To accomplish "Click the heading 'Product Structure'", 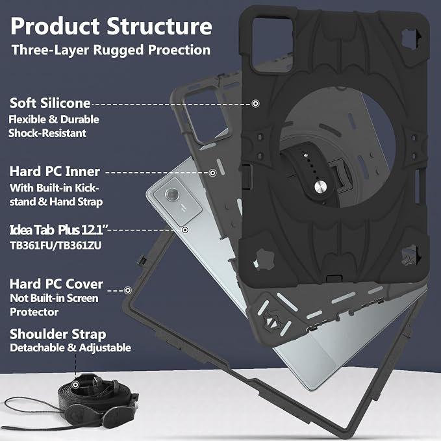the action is pos(111,26).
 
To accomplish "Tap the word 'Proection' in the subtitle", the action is pos(179,50).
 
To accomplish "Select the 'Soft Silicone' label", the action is pos(50,103).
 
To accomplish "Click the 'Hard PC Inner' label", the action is pos(55,171).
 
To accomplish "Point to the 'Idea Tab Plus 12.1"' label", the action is pos(59,230).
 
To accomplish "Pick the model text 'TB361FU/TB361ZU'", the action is pos(56,246).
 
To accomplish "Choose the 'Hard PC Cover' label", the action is pos(57,284).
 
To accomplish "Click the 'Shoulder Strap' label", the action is pos(58,334).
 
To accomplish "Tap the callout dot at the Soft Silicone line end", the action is pos(255,103).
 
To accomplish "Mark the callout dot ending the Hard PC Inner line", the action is pos(212,173).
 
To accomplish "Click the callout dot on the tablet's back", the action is pos(185,230).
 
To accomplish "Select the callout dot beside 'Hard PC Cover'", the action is pos(128,290).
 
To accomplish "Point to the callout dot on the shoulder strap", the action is pos(75,384).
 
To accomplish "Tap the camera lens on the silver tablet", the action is pos(172,194).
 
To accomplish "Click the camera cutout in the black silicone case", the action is pos(272,44).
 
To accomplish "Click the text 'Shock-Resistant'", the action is pos(47,133).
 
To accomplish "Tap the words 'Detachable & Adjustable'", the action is pos(70,348).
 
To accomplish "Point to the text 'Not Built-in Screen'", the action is pos(54,298).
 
